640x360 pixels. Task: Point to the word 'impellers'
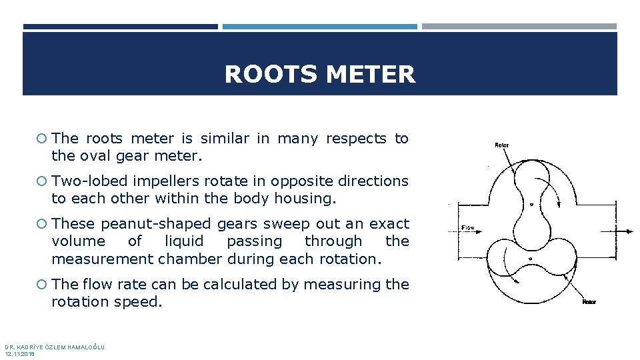tap(161, 181)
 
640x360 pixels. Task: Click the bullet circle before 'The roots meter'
tap(41, 139)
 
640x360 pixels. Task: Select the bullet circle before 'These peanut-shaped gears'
tap(41, 224)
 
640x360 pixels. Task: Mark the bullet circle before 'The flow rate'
tap(41, 285)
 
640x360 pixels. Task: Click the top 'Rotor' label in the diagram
tap(501, 145)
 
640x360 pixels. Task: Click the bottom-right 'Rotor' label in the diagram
tap(589, 302)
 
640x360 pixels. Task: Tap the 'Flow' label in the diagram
tap(468, 228)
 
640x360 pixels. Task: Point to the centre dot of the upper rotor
tap(531, 205)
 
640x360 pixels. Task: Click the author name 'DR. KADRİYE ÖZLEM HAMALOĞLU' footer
tap(55, 347)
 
